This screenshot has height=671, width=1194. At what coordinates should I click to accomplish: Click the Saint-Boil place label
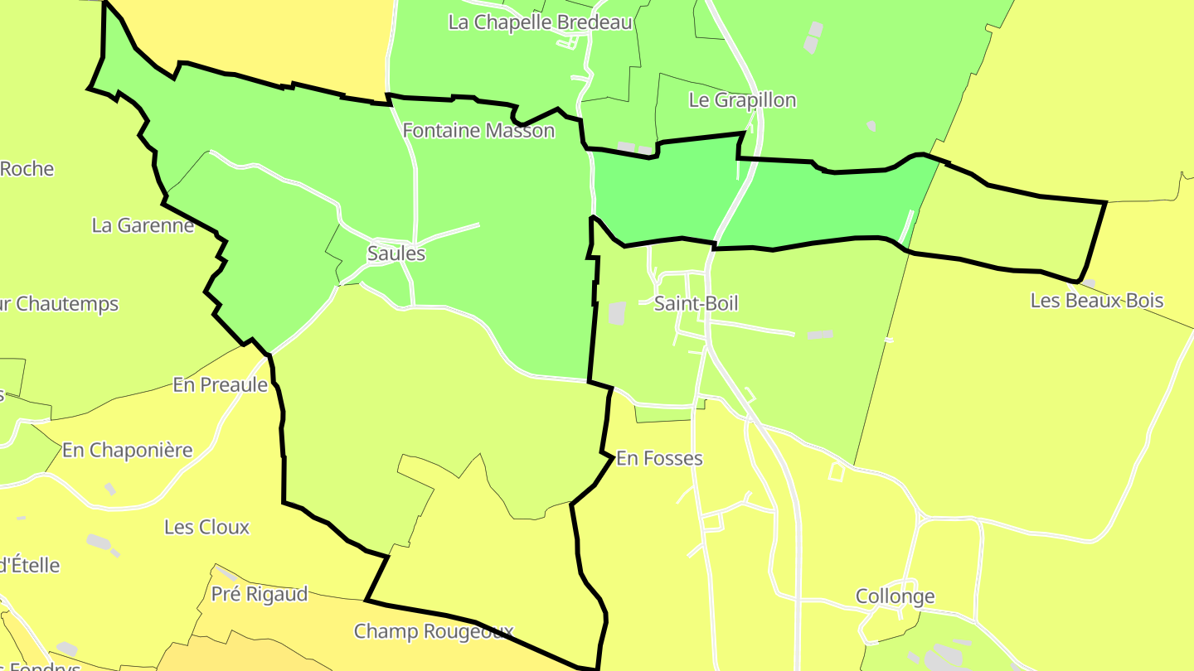pyautogui.click(x=696, y=303)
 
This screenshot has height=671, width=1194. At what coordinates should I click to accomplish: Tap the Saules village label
pyautogui.click(x=396, y=253)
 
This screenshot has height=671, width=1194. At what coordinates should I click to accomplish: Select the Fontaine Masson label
pyautogui.click(x=478, y=130)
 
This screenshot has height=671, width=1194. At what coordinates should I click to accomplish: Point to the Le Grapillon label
pyautogui.click(x=742, y=100)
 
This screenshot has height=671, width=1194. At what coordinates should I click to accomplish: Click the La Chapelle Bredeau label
pyautogui.click(x=540, y=22)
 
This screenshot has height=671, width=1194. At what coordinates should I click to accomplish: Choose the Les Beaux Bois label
pyautogui.click(x=1096, y=301)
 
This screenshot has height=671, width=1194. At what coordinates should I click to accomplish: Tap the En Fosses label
pyautogui.click(x=659, y=458)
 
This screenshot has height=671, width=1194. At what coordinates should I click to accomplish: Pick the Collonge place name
pyautogui.click(x=895, y=596)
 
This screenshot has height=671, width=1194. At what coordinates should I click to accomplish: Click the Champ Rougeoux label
pyautogui.click(x=434, y=631)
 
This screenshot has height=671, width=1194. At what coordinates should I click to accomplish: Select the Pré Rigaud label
pyautogui.click(x=259, y=594)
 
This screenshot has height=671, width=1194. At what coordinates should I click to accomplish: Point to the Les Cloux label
pyautogui.click(x=206, y=527)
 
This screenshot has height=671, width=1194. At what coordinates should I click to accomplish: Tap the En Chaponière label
pyautogui.click(x=127, y=451)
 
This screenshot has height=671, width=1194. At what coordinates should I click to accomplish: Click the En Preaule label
pyautogui.click(x=220, y=384)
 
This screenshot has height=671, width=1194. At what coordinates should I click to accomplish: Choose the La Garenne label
pyautogui.click(x=143, y=225)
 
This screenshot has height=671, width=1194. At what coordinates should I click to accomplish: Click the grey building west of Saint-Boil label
pyautogui.click(x=617, y=313)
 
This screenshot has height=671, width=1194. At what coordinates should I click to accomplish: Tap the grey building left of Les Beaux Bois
pyautogui.click(x=1087, y=283)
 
